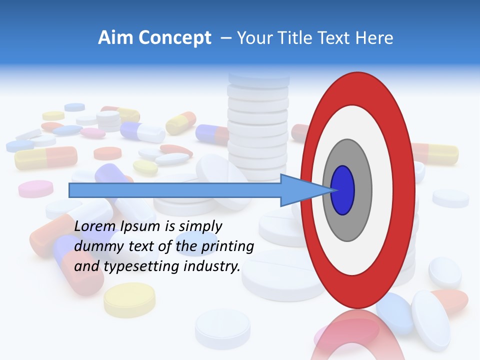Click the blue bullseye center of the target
342,190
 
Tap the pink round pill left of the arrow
35,188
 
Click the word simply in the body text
200,226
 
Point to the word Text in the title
336,38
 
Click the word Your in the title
253,38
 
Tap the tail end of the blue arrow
71,190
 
